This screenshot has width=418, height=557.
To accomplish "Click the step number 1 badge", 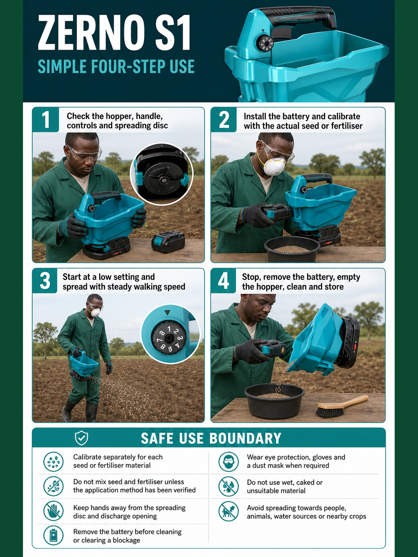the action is [x=45, y=119].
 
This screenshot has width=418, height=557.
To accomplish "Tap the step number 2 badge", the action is [x=224, y=119].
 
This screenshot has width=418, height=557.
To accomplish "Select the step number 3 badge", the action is [x=45, y=281].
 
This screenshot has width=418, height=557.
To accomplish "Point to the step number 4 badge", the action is [x=223, y=281].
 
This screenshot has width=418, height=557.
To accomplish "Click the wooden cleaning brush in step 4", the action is [x=342, y=406].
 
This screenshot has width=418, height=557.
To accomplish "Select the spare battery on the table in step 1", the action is [x=168, y=242].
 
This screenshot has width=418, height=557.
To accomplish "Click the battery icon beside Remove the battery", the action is [x=53, y=535].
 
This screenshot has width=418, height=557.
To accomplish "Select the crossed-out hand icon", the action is [x=53, y=511].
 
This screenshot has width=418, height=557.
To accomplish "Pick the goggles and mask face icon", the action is [x=229, y=462].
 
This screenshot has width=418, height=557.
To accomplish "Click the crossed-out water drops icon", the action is [x=229, y=486].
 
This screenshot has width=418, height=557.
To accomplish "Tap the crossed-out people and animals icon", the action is [x=229, y=511].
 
